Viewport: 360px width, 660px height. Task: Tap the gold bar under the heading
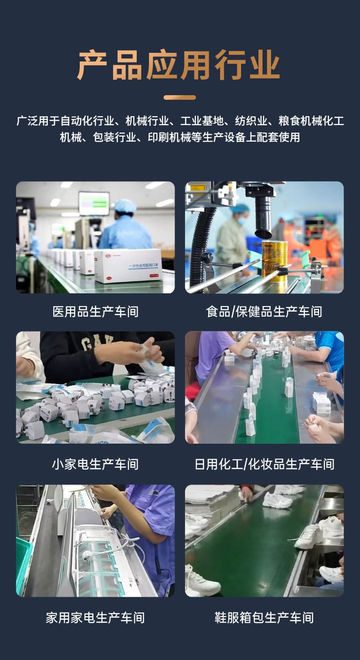click(180, 97)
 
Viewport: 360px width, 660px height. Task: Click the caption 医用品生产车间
click(96, 312)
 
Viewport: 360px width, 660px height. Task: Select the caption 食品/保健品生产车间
click(264, 312)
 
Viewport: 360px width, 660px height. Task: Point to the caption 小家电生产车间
click(96, 464)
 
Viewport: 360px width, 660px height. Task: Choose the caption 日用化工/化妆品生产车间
click(264, 464)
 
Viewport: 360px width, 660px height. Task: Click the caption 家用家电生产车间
click(96, 618)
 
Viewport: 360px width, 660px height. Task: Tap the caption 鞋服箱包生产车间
click(264, 618)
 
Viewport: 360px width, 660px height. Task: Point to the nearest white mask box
click(129, 266)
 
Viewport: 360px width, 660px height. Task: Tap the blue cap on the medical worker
click(125, 205)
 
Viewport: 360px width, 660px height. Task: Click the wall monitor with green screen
click(94, 204)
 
